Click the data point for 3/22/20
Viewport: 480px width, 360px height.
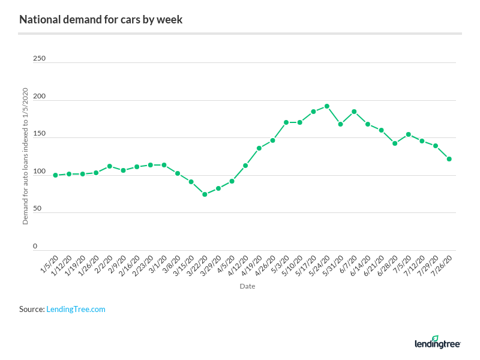click(x=205, y=194)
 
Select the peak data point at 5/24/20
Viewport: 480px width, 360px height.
click(x=327, y=106)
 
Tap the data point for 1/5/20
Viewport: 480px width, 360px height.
click(x=55, y=175)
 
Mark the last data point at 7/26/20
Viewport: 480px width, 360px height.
click(x=449, y=159)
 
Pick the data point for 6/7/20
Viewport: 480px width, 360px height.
click(x=354, y=112)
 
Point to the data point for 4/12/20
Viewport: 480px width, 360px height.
click(x=245, y=166)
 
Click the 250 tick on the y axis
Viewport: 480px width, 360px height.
click(x=39, y=59)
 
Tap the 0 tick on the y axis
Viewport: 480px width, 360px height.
click(x=35, y=246)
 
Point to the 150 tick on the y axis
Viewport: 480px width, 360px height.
click(x=39, y=134)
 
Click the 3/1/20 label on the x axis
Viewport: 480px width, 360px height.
click(x=158, y=265)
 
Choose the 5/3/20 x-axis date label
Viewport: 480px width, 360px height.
click(x=280, y=265)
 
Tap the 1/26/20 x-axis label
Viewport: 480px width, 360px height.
click(x=89, y=266)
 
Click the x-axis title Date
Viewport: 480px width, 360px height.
click(x=247, y=286)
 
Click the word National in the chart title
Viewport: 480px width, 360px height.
click(x=38, y=20)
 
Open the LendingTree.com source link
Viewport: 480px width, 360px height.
click(x=76, y=309)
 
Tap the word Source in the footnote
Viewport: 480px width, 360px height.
click(x=31, y=309)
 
